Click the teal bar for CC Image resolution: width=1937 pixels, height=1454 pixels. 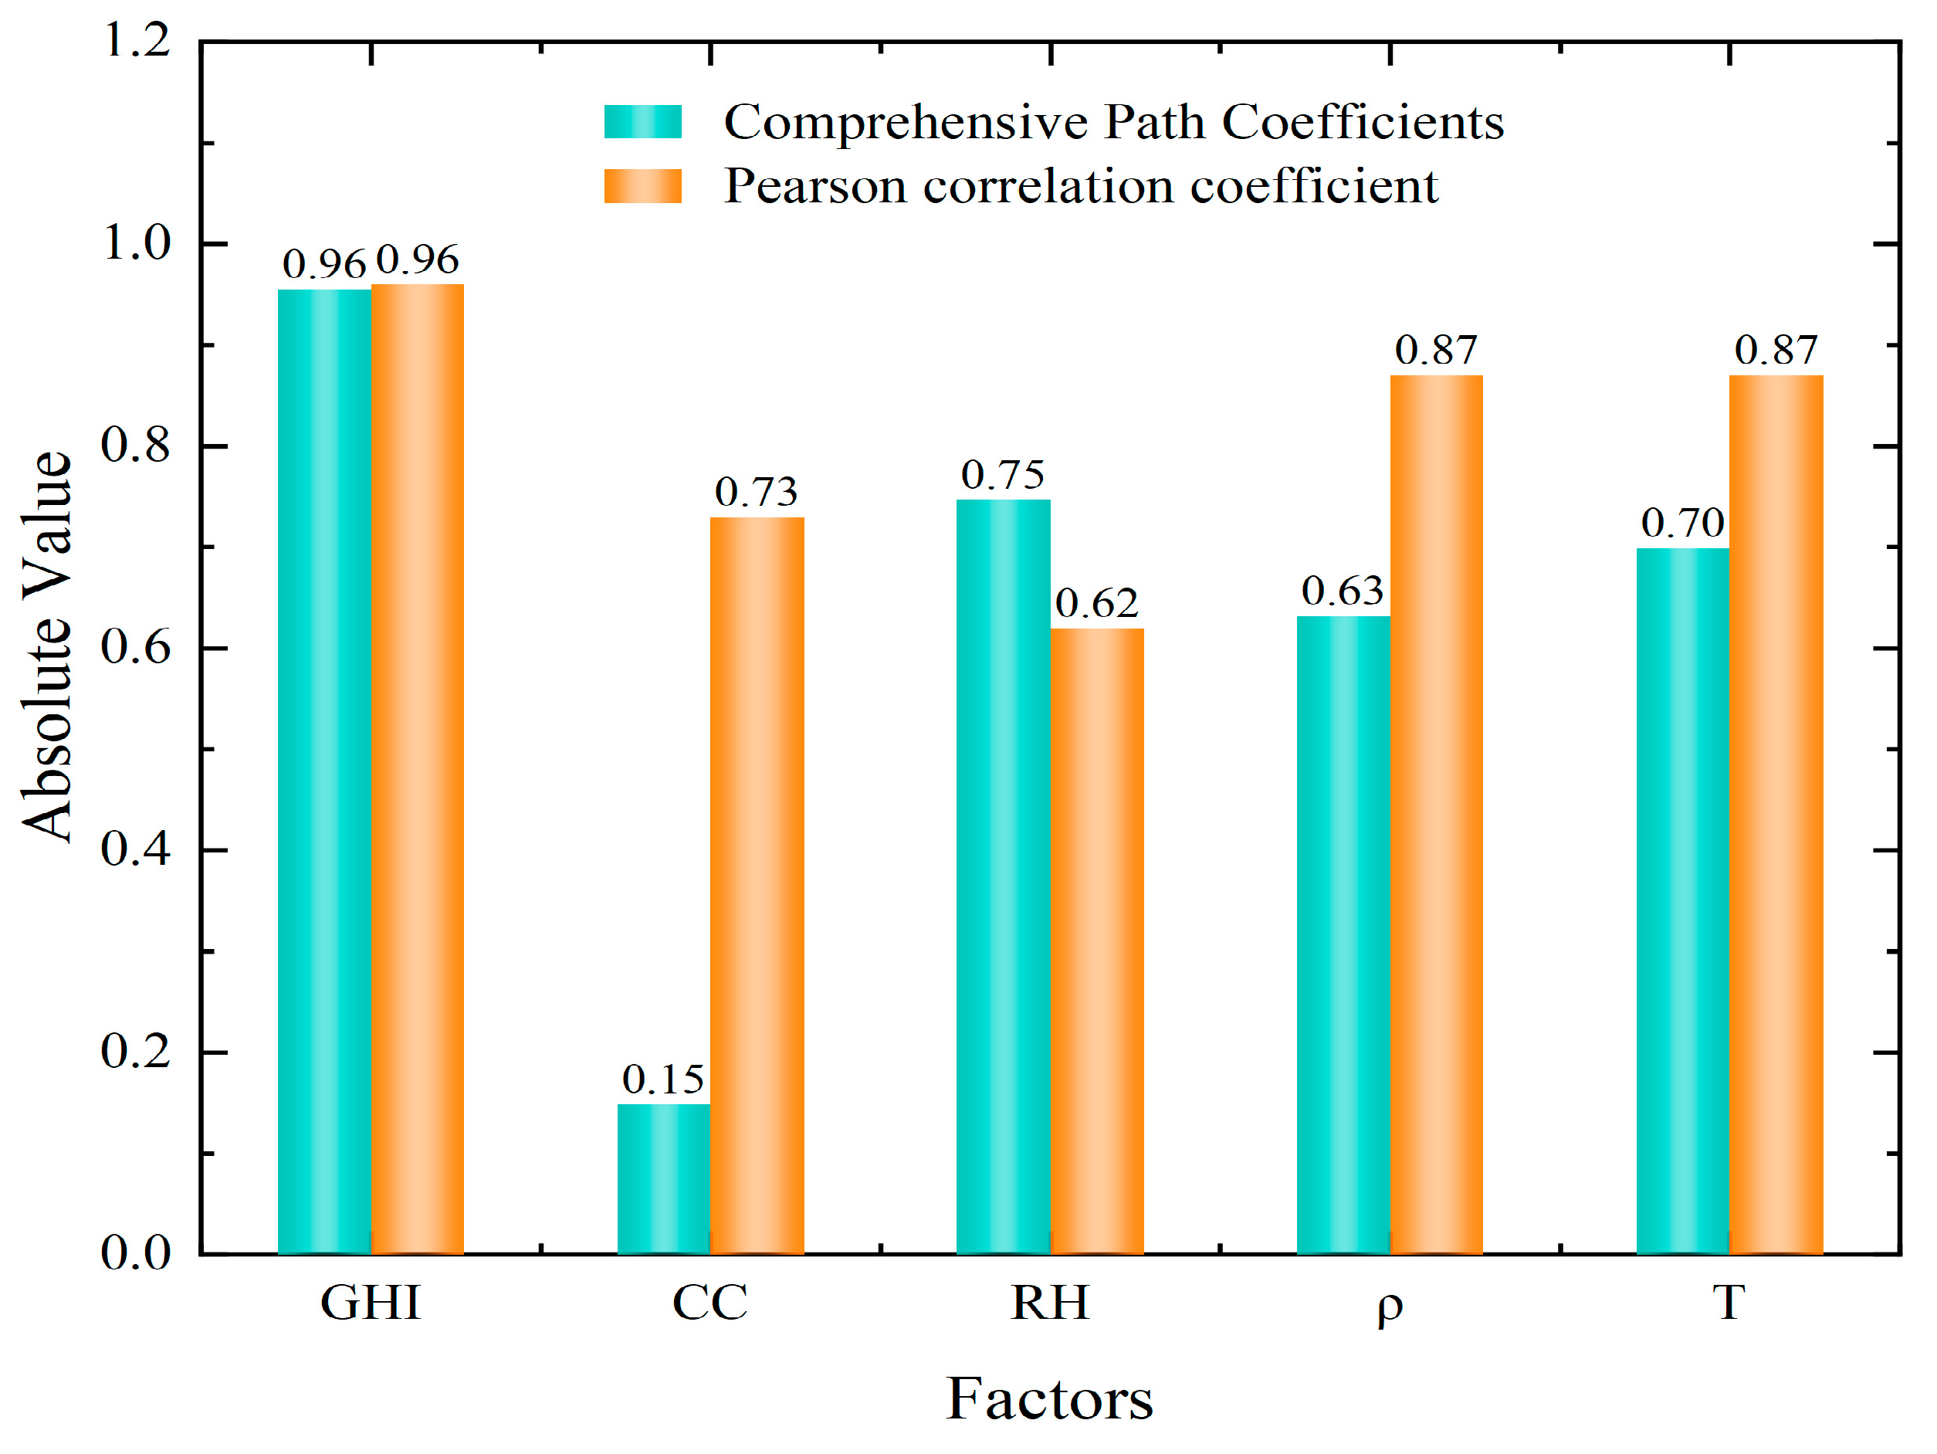(x=663, y=1178)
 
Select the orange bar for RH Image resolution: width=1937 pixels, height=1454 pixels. (x=1096, y=941)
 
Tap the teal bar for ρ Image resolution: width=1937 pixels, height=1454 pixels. (x=1343, y=934)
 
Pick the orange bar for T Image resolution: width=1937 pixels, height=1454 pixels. (x=1775, y=815)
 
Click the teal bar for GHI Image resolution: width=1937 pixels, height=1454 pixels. (x=324, y=771)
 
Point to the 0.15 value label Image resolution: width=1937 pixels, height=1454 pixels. (x=663, y=1079)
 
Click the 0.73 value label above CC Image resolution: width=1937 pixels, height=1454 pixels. (x=756, y=491)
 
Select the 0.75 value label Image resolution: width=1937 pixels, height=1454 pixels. (x=1002, y=475)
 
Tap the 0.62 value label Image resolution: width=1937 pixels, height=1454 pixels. (x=1096, y=602)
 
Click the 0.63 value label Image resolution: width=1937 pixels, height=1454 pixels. (x=1343, y=591)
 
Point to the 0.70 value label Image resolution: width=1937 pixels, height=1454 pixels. (x=1682, y=523)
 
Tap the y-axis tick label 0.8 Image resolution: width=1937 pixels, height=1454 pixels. (x=135, y=445)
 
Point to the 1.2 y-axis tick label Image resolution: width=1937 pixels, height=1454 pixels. (x=137, y=40)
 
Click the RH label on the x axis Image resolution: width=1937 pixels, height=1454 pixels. (x=1049, y=1303)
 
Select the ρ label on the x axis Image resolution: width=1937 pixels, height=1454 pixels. (x=1390, y=1305)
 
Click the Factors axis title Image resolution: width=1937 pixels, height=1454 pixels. (x=1049, y=1399)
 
